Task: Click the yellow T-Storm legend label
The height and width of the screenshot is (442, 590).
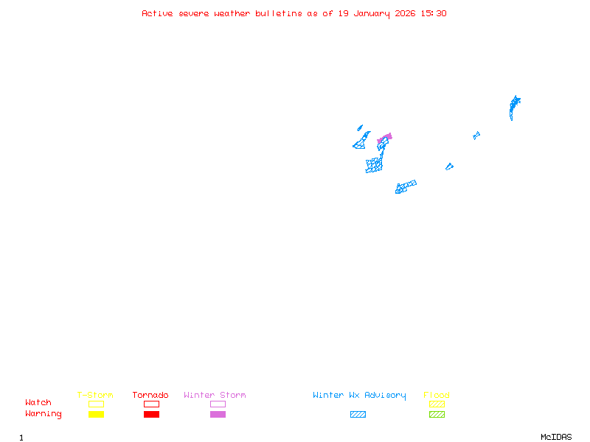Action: point(95,396)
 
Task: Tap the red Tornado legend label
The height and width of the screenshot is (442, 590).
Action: point(150,396)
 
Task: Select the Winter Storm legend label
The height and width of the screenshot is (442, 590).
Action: point(215,396)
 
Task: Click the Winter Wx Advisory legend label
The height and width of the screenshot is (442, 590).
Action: point(359,396)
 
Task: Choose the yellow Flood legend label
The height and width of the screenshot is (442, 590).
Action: point(437,396)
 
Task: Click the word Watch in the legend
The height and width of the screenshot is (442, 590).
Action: point(38,403)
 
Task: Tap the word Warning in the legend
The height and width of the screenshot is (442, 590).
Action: point(44,414)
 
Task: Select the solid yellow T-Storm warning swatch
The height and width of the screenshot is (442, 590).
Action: point(96,415)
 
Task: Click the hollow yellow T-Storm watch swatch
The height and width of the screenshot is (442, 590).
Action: point(96,404)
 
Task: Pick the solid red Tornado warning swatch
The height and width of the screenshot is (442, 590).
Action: point(151,415)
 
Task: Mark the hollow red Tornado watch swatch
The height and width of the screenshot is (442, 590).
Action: point(151,404)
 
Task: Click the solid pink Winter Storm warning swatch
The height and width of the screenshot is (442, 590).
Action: point(218,415)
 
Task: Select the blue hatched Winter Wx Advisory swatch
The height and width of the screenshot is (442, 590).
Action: point(358,415)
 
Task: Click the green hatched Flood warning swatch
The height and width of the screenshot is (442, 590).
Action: point(437,415)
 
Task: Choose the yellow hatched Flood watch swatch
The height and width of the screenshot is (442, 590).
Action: point(437,404)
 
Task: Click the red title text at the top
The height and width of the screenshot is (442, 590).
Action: point(294,13)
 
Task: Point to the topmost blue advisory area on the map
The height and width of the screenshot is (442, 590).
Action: point(514,103)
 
